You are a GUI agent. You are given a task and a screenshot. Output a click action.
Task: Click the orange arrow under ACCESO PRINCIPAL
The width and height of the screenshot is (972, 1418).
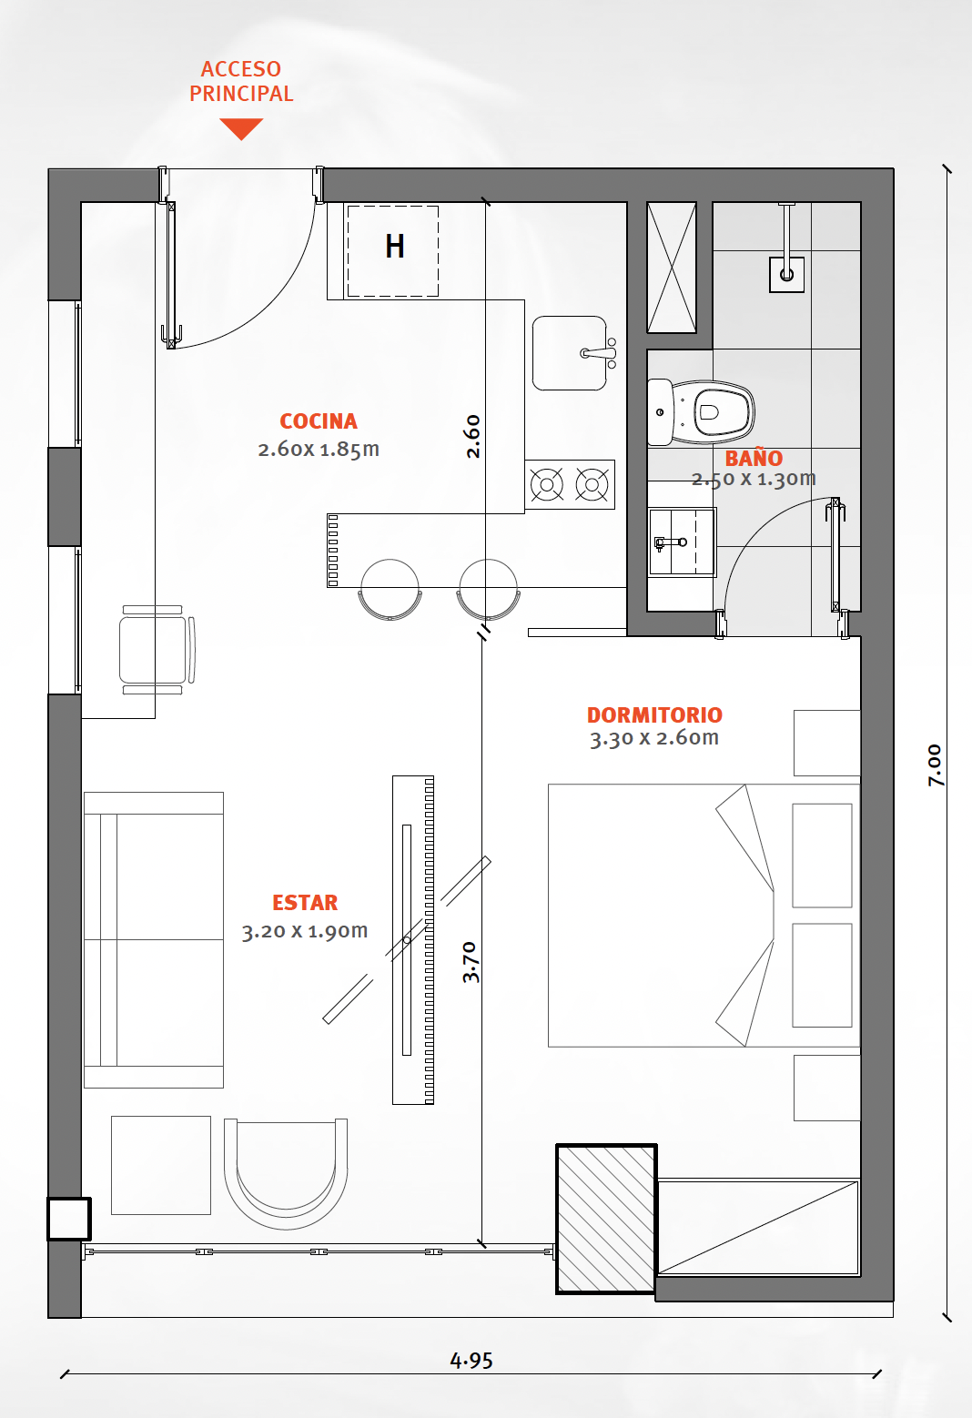[241, 127]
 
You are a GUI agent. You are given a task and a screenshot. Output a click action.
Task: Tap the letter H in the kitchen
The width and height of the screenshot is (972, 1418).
[395, 247]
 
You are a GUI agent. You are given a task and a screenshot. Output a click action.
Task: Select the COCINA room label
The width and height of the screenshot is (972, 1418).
[319, 421]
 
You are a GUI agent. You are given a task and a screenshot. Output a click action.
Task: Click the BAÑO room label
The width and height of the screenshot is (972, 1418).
[754, 457]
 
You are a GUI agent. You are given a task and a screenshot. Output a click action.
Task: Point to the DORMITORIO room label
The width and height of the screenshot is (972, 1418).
[654, 714]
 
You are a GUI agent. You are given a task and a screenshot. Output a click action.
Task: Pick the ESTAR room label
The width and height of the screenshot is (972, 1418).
[305, 902]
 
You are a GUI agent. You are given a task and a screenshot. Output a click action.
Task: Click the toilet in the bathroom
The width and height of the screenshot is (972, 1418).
[701, 412]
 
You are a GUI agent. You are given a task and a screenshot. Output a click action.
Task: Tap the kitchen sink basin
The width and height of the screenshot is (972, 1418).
[570, 353]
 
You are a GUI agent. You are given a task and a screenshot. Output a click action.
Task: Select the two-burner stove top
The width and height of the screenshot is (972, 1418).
[570, 484]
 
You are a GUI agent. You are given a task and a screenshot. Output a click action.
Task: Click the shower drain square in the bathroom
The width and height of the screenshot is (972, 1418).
[786, 275]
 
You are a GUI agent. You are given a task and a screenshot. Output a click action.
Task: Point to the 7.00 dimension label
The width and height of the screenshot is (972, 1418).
[935, 765]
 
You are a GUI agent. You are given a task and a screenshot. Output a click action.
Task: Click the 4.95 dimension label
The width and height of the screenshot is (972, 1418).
[471, 1360]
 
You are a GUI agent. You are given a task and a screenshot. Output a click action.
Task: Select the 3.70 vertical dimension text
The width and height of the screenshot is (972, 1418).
[471, 962]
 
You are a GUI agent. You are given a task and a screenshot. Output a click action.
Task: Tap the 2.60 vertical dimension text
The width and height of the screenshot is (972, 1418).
[472, 436]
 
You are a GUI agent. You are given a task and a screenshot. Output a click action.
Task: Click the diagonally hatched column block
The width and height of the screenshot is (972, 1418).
[606, 1219]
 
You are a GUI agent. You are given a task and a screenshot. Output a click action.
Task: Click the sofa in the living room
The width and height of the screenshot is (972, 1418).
[154, 939]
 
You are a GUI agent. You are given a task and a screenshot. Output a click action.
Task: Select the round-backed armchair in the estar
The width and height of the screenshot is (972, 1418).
[286, 1174]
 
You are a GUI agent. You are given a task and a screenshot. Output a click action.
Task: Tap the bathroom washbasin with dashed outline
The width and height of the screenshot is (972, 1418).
[683, 542]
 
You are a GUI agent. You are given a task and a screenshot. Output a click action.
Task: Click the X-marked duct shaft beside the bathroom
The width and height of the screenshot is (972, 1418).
[672, 268]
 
